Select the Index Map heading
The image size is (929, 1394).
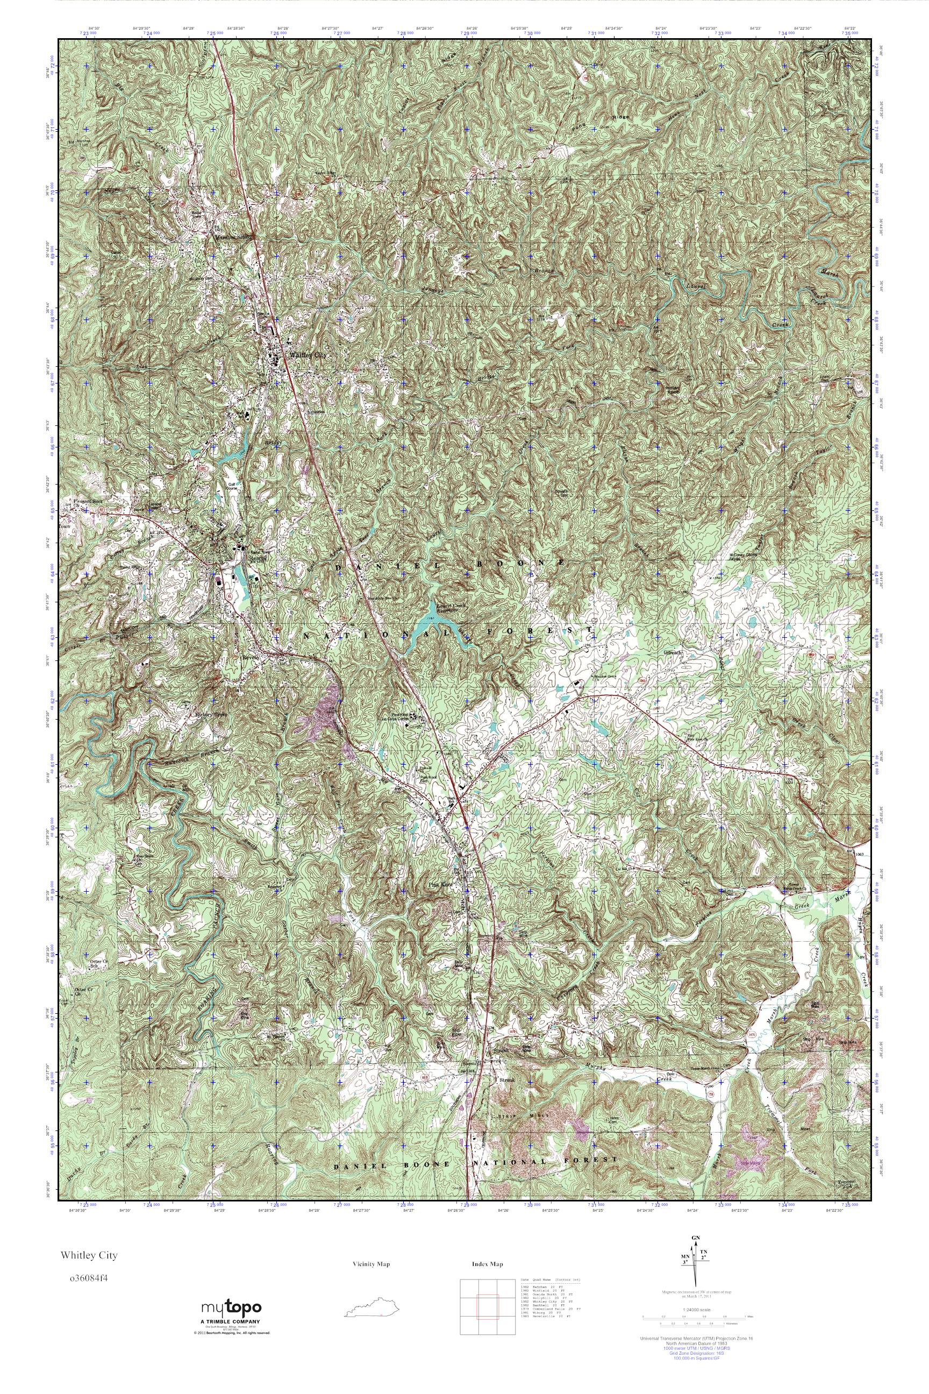(x=487, y=1264)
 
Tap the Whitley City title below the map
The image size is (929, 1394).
(x=88, y=1255)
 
